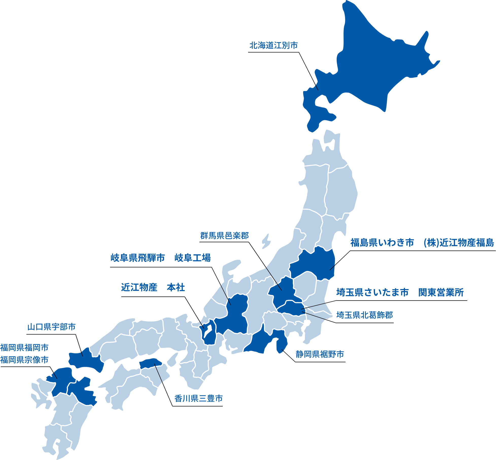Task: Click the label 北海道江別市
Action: tap(273, 45)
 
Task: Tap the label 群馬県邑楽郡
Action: tap(225, 236)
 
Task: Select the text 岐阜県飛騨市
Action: tap(138, 258)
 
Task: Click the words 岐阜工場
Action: tap(193, 258)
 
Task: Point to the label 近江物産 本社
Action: tap(153, 288)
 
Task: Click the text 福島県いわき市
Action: tap(382, 243)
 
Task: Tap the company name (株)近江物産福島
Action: tap(459, 243)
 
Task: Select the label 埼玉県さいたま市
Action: tap(372, 292)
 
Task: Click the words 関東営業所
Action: tap(441, 292)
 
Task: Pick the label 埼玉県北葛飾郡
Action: tap(365, 315)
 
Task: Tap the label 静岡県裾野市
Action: tap(320, 354)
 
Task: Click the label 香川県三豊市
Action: tap(198, 398)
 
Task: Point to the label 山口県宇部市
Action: tap(52, 327)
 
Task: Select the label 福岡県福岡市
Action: tap(24, 347)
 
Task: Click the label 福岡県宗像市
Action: tap(24, 360)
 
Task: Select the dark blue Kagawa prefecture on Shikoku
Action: tap(151, 363)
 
